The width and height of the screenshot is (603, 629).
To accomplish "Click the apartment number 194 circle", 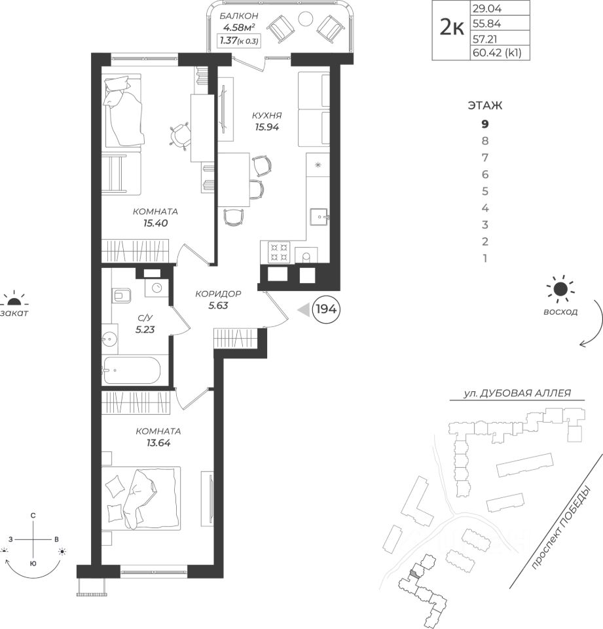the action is (x=326, y=309).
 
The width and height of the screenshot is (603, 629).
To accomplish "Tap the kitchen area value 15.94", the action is (x=266, y=127).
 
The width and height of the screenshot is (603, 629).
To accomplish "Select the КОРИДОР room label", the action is (x=218, y=294).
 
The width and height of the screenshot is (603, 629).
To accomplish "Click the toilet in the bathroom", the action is (x=122, y=295).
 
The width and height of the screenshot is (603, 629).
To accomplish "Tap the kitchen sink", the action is (x=319, y=218).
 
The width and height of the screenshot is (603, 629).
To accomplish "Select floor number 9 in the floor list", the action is (x=484, y=124).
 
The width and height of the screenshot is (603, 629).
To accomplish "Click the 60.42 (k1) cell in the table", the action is (x=497, y=52).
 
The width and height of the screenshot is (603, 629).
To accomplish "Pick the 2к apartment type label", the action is (x=452, y=28).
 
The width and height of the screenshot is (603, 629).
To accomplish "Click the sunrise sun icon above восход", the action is (x=560, y=289).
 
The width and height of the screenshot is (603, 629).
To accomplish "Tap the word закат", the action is (x=14, y=313).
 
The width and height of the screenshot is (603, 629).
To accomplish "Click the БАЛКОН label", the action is (x=239, y=16).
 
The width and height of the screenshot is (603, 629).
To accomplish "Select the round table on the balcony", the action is (x=306, y=18).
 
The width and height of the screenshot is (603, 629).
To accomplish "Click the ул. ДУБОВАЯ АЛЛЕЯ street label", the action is (x=517, y=393).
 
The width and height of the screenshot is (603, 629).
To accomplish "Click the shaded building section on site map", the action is (x=414, y=574).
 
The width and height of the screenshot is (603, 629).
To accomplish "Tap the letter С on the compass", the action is (x=33, y=516).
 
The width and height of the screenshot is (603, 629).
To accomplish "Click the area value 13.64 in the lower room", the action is (x=158, y=444).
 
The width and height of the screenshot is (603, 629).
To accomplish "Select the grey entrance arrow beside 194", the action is (x=304, y=309).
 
